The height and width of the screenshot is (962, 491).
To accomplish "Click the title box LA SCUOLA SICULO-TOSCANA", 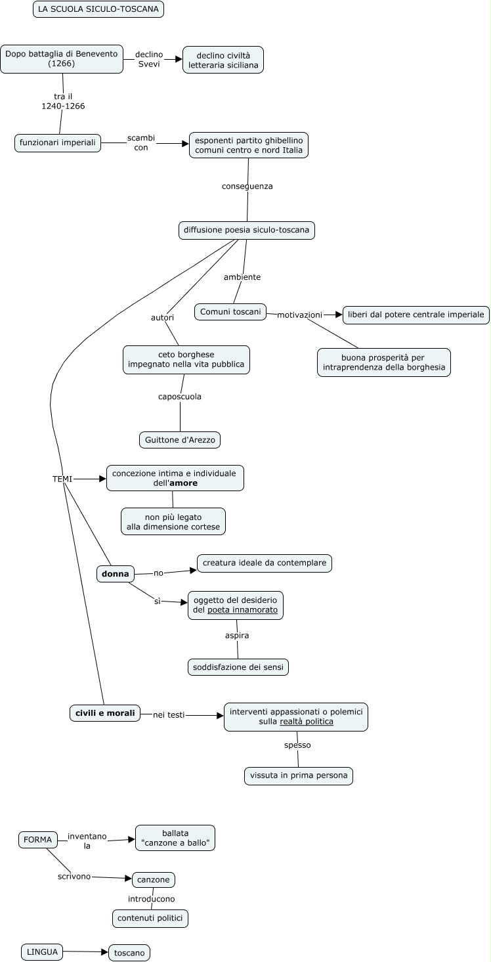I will [98, 9].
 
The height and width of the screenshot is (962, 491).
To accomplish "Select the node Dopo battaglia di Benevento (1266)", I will [62, 58].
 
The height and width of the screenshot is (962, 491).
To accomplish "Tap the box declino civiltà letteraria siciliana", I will [223, 59].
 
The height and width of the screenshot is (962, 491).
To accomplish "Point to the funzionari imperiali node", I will [58, 142].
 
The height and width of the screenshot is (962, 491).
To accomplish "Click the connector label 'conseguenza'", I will [247, 186].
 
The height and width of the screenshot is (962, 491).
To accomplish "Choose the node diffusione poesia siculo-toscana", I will [246, 230].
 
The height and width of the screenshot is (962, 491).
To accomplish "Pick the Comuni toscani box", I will [230, 311].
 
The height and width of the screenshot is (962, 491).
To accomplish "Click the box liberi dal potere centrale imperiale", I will [416, 315].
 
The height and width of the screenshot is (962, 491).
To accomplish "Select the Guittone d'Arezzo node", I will [180, 440].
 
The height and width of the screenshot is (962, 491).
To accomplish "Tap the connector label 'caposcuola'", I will [180, 397].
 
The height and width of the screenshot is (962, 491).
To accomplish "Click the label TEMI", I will [62, 479].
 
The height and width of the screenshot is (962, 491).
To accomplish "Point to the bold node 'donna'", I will [116, 574].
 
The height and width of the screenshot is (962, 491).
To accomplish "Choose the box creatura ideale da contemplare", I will [265, 563].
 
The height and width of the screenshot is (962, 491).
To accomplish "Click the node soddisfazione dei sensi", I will [238, 667].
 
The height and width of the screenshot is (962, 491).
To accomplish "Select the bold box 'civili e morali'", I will [105, 713].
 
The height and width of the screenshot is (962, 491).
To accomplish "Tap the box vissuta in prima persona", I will [299, 776].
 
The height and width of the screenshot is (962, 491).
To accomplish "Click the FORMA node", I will [37, 840].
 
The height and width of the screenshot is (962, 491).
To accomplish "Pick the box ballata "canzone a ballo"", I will [175, 838].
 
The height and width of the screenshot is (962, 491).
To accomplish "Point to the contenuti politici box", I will [150, 918].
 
